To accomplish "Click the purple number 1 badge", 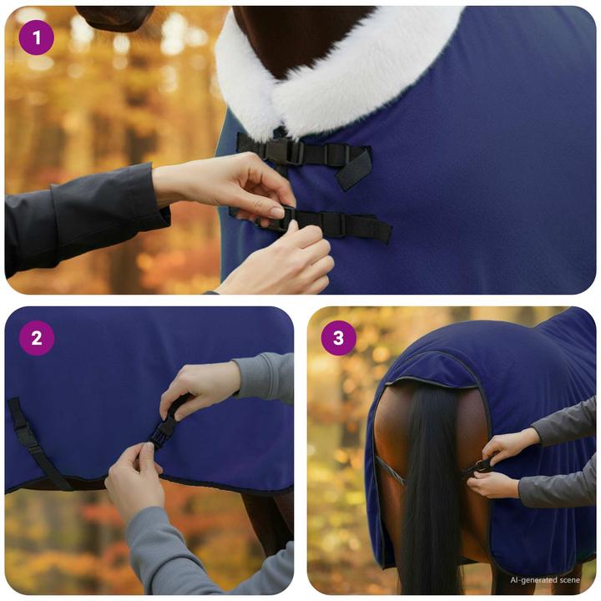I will coord(36,38).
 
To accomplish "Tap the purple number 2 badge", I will coord(36,338).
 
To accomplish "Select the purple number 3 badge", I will coord(338,338).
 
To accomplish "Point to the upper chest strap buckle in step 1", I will coord(282,151).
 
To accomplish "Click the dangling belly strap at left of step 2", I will coord(33,442).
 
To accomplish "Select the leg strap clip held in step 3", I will coord(482,466).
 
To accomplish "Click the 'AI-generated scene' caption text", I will coord(543,579).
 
